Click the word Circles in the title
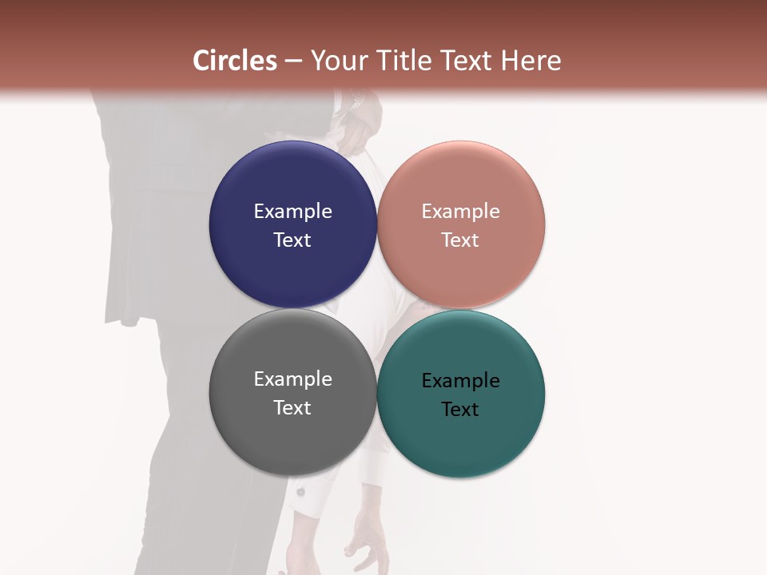coord(235,61)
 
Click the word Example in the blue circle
coord(292,212)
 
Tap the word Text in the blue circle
coord(292,240)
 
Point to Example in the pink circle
coord(460,212)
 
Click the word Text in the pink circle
coord(460,240)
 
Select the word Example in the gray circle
coord(292,379)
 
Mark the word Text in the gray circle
coord(292,408)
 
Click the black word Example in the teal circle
coord(460,381)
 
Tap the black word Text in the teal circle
coord(460,410)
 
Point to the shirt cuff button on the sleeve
coord(301,491)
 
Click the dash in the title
coord(293,61)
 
